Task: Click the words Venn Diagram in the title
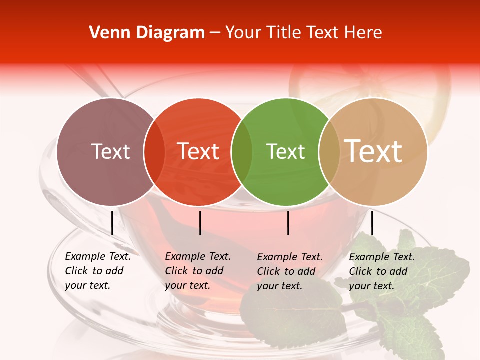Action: point(147,33)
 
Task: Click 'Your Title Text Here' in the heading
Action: point(304,33)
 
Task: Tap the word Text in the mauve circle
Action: point(110,151)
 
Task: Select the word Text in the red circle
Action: point(198,151)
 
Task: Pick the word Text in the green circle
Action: point(285,151)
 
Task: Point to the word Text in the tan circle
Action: point(373,151)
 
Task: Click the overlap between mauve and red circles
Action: point(154,152)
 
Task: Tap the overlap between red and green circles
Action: point(242,152)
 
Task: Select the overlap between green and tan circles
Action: point(329,152)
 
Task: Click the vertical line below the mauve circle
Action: point(112,223)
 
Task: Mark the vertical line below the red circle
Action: point(200,223)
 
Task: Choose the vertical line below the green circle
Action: point(288,223)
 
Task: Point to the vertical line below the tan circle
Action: point(372,223)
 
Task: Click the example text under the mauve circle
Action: point(98,271)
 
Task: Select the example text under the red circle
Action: point(198,271)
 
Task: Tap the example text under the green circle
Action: point(290,271)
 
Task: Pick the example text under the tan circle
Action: point(382,271)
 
